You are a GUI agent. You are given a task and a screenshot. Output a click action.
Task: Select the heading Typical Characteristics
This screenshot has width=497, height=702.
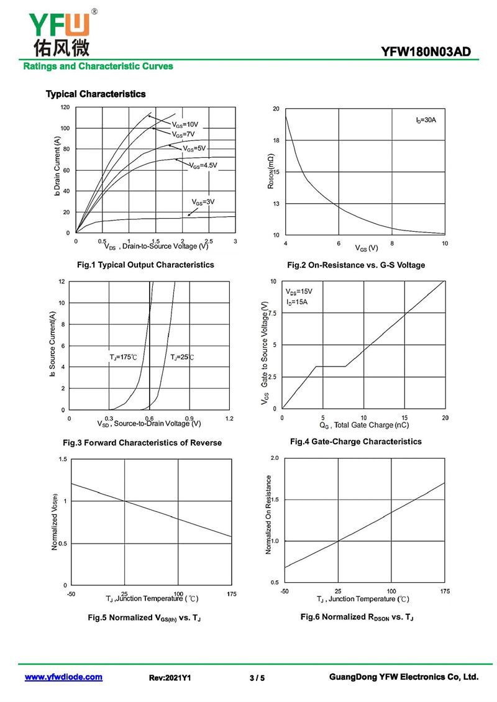[x=96, y=94]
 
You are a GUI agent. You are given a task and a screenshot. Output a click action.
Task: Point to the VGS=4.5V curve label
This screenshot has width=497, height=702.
[x=203, y=165]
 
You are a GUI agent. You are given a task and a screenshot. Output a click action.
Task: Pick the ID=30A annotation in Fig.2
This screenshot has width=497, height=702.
[x=426, y=119]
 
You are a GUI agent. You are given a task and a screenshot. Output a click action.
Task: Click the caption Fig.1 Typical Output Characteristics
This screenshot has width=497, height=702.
[x=145, y=265]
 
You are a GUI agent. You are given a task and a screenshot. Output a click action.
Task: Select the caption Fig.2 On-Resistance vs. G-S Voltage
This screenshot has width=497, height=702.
[x=356, y=265]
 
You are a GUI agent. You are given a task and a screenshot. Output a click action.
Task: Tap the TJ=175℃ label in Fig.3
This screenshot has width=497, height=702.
[x=123, y=357]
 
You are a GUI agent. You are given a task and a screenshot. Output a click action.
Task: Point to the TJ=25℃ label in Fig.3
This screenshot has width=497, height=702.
[x=182, y=357]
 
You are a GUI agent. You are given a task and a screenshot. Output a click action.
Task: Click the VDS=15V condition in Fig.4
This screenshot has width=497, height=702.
[x=299, y=291]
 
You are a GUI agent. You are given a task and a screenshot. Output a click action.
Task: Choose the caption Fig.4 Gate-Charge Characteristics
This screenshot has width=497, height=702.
[x=355, y=442]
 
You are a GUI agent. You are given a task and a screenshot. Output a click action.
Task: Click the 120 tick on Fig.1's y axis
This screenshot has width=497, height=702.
[x=65, y=107]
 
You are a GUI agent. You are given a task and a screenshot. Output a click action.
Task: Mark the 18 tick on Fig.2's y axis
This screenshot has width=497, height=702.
[x=276, y=140]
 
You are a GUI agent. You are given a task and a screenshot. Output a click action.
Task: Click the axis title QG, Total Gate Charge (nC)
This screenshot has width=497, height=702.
[x=364, y=426]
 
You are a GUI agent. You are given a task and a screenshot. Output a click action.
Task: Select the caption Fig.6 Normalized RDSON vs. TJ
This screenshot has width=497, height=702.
[x=357, y=617]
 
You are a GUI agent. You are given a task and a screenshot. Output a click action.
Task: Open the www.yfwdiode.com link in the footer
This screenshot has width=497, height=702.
[x=63, y=677]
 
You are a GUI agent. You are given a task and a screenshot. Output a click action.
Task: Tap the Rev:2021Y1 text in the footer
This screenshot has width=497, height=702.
[x=170, y=678]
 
